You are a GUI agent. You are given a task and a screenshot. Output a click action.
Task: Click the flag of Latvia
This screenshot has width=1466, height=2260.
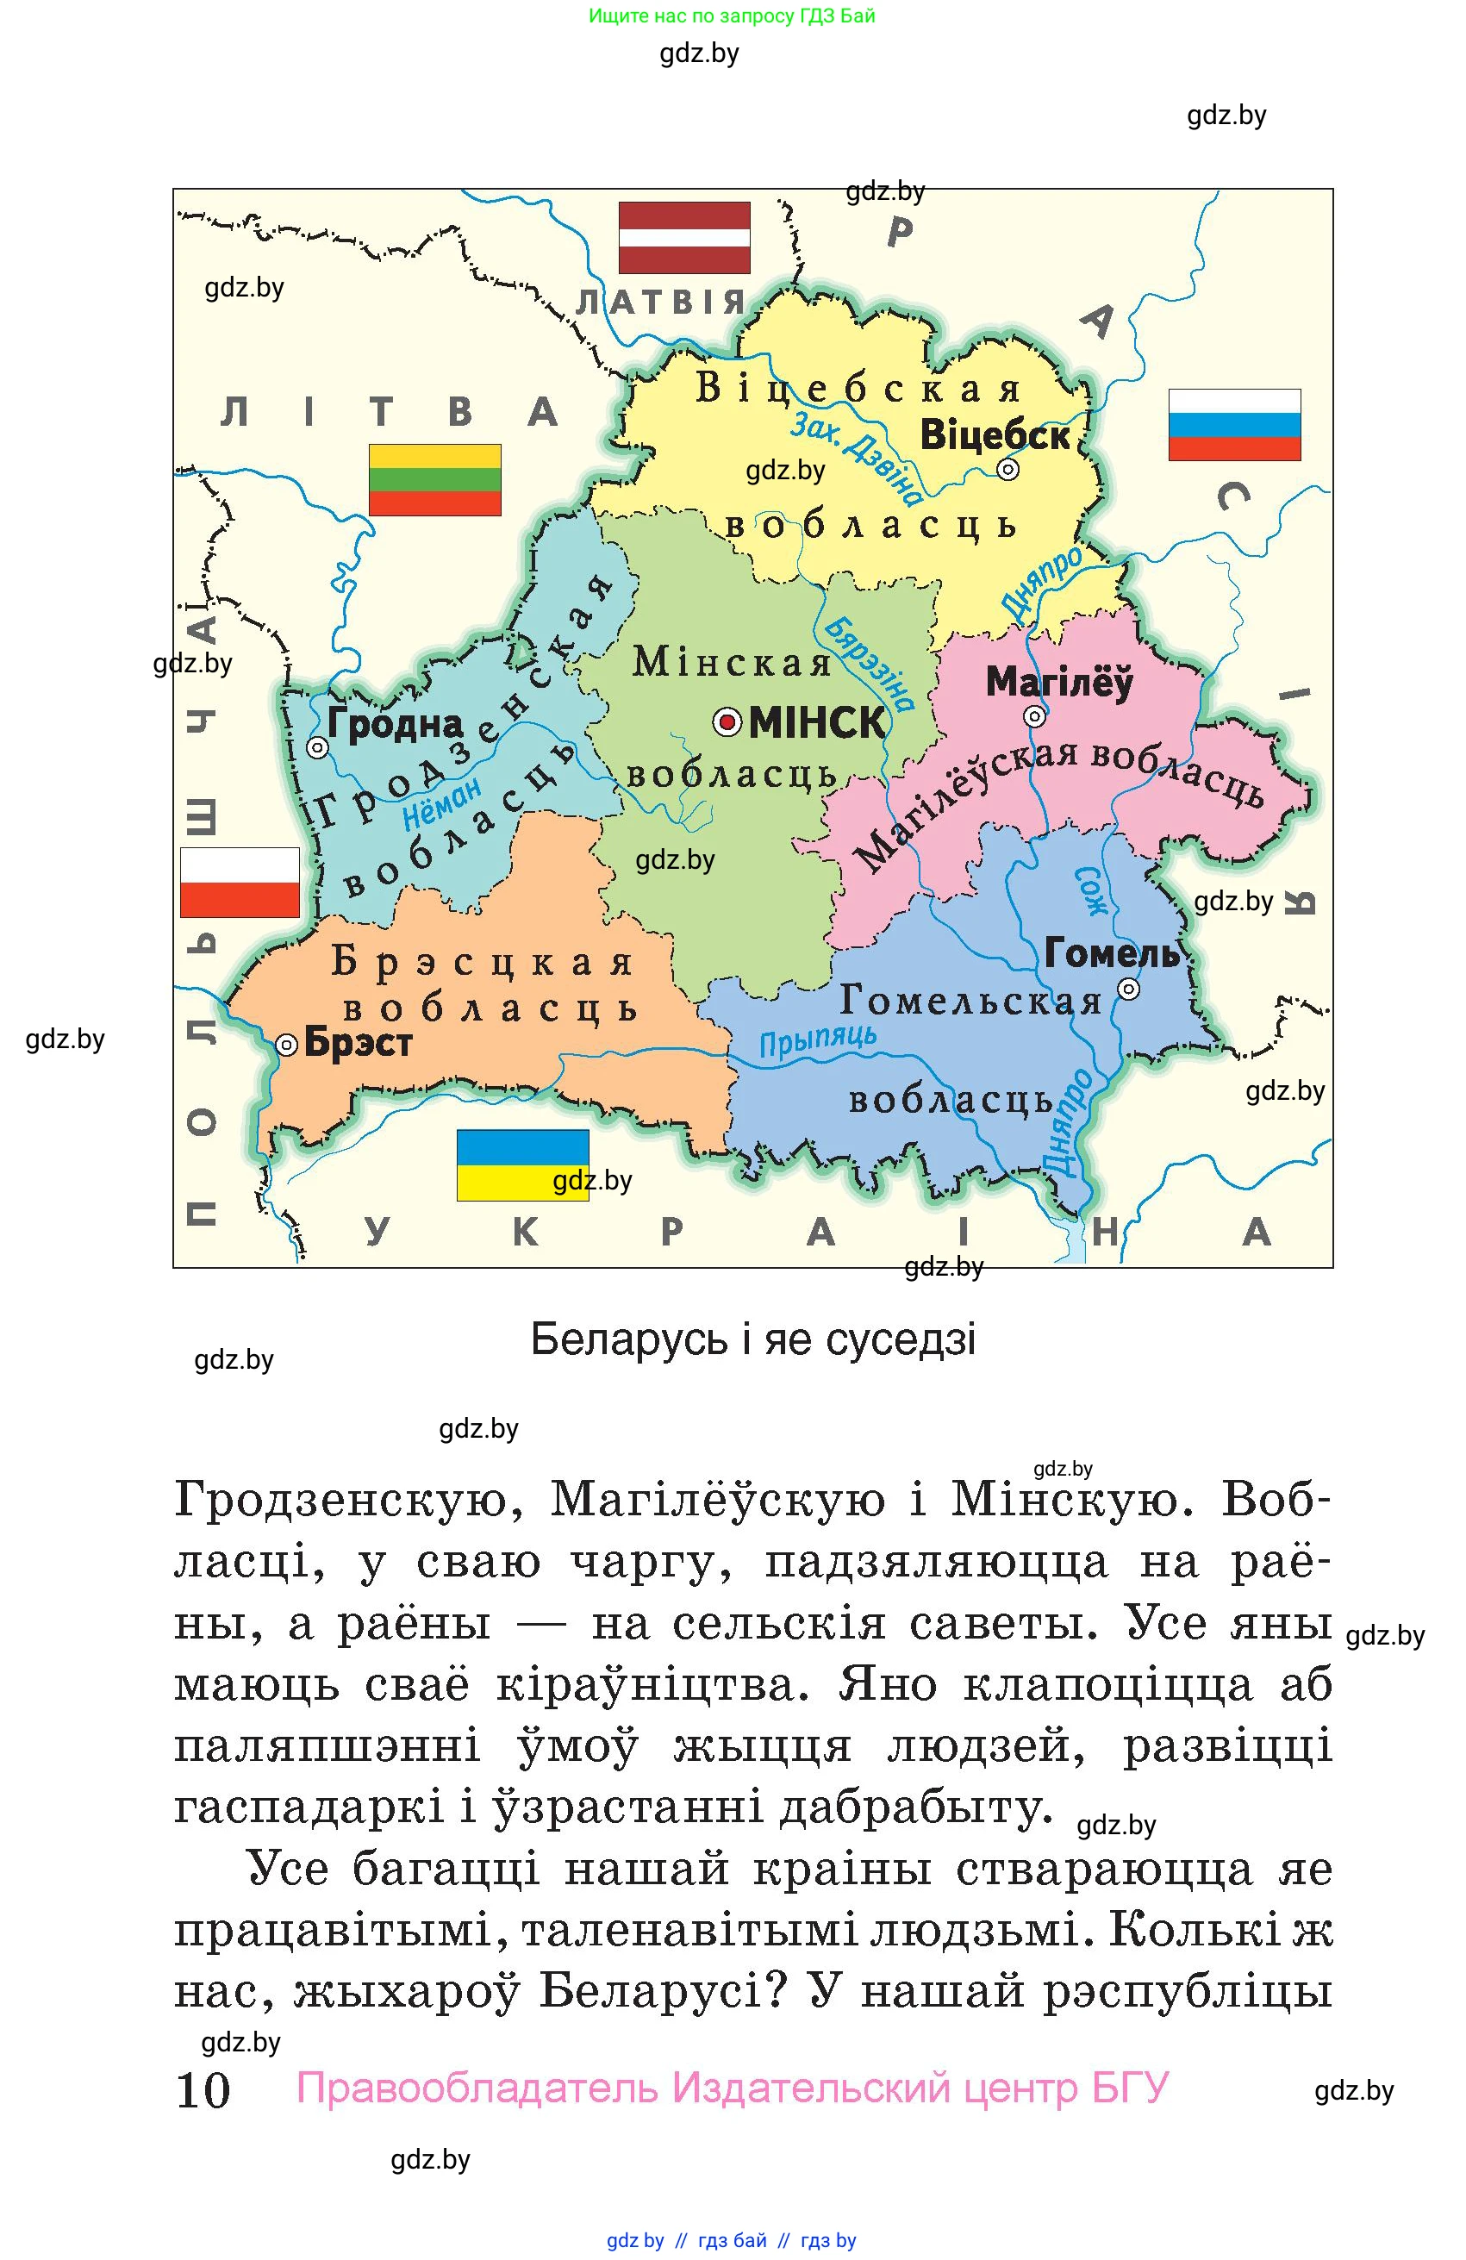click(x=683, y=237)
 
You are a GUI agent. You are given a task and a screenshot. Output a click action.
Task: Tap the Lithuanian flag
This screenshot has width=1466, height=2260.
click(x=435, y=479)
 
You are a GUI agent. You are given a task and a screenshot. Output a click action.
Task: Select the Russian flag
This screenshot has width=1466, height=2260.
click(x=1233, y=424)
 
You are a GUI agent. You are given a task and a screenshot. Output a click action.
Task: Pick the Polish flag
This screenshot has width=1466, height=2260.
click(x=240, y=882)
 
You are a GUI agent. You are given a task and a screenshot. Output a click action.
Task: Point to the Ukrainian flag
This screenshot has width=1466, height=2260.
click(x=522, y=1164)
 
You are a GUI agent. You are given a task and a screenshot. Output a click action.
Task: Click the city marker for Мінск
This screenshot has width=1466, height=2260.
click(x=727, y=723)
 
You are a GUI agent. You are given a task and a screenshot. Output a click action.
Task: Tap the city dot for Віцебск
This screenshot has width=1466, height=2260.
click(x=1007, y=469)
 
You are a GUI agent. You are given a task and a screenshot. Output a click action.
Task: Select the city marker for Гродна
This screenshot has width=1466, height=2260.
click(x=317, y=748)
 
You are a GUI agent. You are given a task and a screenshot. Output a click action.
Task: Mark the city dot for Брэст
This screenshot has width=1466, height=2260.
click(x=286, y=1046)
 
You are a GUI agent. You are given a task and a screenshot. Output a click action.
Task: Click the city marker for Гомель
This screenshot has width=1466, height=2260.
click(x=1128, y=990)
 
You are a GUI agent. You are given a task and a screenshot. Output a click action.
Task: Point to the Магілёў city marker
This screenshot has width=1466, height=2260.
click(x=1034, y=716)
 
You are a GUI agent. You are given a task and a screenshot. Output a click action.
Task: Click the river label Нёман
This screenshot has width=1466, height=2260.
click(x=442, y=803)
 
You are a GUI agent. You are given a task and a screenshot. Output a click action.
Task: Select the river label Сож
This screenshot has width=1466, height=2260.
click(x=1091, y=890)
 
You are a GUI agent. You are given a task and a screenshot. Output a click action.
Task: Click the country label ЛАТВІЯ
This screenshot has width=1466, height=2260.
click(x=661, y=302)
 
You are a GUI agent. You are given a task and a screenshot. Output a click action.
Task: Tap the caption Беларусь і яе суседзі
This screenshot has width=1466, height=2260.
click(x=753, y=1339)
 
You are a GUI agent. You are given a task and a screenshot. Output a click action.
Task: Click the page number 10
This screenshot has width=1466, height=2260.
click(x=203, y=2091)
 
